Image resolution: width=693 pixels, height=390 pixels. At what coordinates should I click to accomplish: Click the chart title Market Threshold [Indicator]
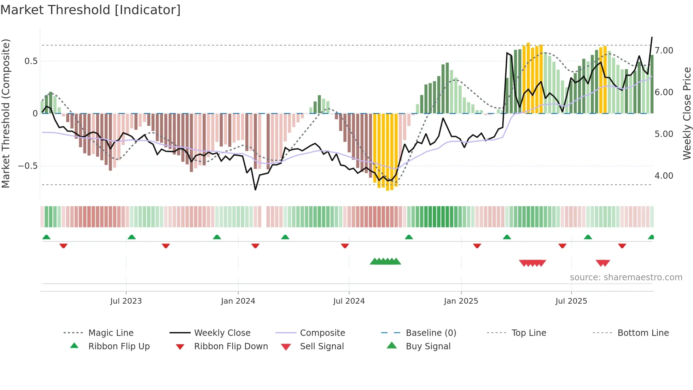click(x=91, y=10)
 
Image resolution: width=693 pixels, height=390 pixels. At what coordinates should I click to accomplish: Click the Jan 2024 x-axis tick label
click(x=238, y=301)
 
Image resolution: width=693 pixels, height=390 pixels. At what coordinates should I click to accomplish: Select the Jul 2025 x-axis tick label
click(x=571, y=301)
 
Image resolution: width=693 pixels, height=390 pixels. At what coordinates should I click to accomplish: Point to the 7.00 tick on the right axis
click(x=664, y=51)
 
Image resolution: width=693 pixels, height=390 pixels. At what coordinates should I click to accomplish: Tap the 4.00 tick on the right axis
click(x=664, y=176)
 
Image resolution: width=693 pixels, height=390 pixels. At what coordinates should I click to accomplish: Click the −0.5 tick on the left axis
click(x=28, y=166)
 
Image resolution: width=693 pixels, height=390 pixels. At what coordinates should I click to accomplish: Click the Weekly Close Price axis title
click(x=687, y=113)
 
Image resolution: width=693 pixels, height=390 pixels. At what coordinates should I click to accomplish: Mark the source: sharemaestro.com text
click(x=626, y=277)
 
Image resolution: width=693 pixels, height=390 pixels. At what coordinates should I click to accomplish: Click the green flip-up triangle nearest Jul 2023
click(x=132, y=237)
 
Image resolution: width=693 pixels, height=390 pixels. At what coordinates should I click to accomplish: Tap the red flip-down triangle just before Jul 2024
click(x=345, y=246)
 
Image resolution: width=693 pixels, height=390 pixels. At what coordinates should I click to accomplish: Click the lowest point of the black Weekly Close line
click(x=255, y=190)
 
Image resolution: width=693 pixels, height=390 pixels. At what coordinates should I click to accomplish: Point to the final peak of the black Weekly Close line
click(x=652, y=37)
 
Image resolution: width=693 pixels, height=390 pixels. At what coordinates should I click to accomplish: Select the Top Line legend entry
click(x=529, y=333)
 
